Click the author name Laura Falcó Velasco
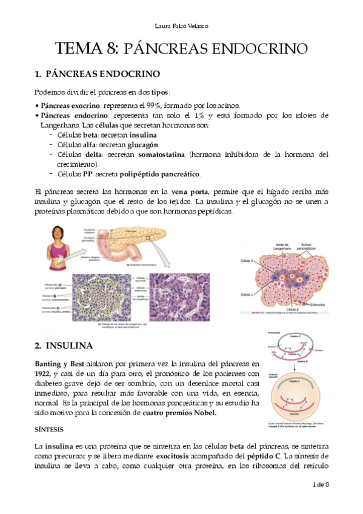181,25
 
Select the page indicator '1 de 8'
319,485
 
